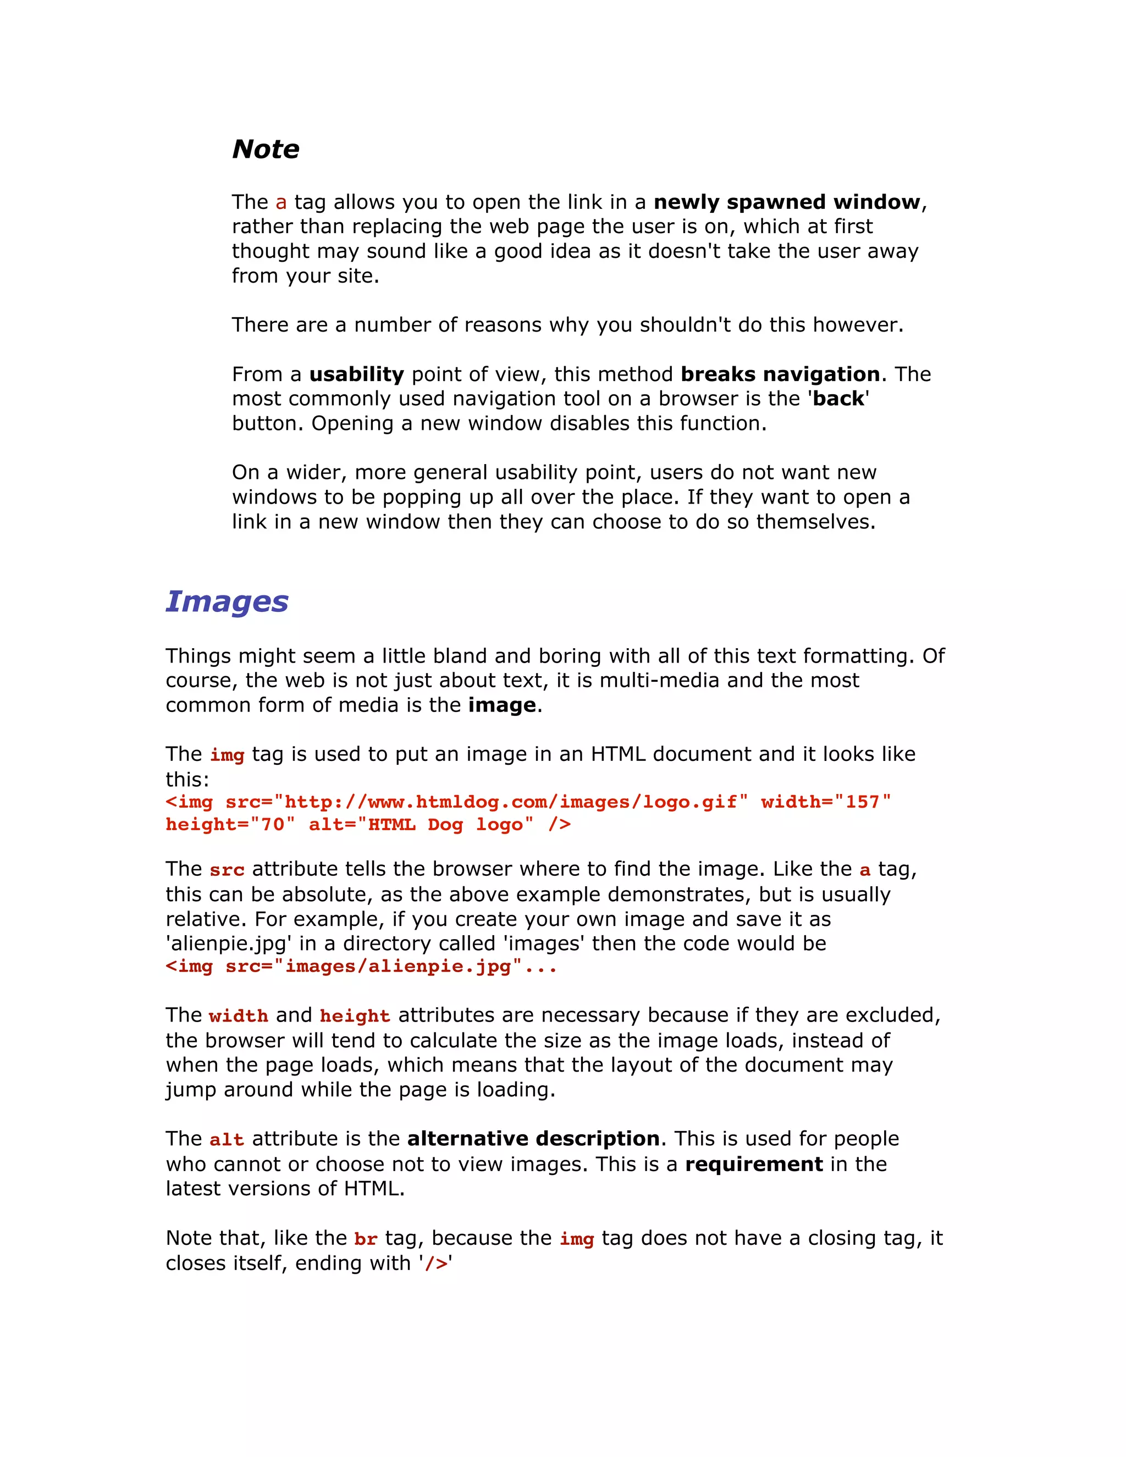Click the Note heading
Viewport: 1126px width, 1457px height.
[x=266, y=149]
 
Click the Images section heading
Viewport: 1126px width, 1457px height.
[x=227, y=601]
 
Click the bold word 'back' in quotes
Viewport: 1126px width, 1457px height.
[x=838, y=398]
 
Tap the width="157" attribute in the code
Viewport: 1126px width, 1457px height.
[x=826, y=801]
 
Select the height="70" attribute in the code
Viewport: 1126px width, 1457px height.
[x=230, y=825]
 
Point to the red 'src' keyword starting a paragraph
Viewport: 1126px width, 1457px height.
[x=227, y=870]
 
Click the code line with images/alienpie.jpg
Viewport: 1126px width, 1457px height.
[x=361, y=967]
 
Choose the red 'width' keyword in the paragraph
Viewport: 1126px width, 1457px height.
[x=238, y=1016]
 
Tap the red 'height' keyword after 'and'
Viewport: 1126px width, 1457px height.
[x=355, y=1016]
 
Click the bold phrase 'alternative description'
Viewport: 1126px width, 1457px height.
[x=533, y=1138]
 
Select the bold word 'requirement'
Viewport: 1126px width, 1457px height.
[x=754, y=1163]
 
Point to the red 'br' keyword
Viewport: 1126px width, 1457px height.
[x=366, y=1239]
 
